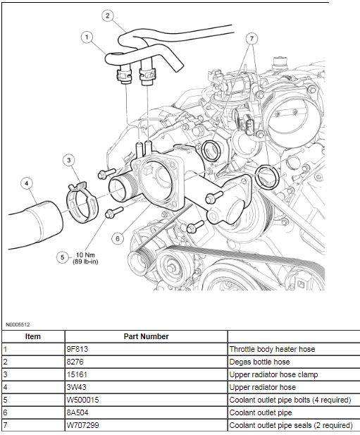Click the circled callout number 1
(87, 37)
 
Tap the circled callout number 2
(108, 16)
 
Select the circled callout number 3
(69, 160)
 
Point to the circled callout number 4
(27, 183)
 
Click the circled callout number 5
(63, 257)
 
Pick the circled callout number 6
(118, 238)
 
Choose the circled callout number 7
(252, 38)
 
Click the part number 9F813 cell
(77, 349)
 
